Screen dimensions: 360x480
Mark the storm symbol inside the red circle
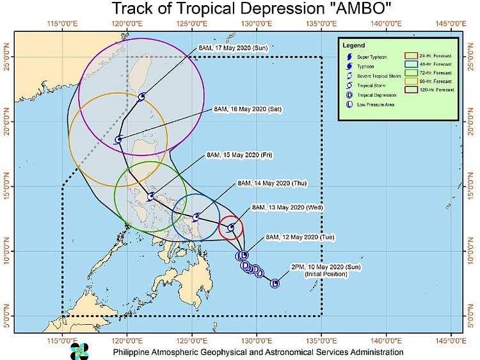(x=231, y=227)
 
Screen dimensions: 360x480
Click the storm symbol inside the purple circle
(x=141, y=97)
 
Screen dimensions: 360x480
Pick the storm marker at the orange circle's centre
(x=118, y=139)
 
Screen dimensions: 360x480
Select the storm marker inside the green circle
(x=150, y=196)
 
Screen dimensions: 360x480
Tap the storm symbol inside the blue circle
(x=196, y=217)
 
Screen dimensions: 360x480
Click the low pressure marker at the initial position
(x=275, y=283)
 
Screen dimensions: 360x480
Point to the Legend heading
(x=353, y=46)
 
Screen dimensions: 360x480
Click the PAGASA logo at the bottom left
(x=79, y=351)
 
